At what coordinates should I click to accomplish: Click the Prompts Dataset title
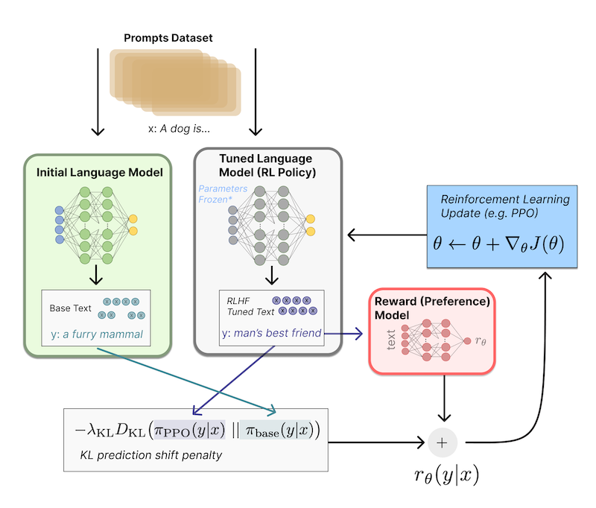click(x=168, y=38)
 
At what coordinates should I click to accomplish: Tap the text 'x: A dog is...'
click(x=179, y=129)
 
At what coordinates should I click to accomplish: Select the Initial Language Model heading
click(x=100, y=173)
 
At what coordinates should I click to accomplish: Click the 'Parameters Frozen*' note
click(x=223, y=194)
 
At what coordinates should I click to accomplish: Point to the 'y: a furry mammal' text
click(x=97, y=334)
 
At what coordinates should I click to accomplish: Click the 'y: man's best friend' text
click(x=272, y=333)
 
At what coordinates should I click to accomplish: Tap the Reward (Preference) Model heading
click(x=432, y=308)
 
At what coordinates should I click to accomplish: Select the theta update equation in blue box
click(x=498, y=244)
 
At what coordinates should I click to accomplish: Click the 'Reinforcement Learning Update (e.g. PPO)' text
click(x=505, y=206)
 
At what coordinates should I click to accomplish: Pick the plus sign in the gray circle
click(x=442, y=442)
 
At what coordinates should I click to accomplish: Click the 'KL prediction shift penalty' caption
click(x=151, y=455)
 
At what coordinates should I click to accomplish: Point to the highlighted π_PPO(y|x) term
click(x=190, y=430)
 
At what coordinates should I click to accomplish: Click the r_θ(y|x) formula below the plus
click(x=446, y=475)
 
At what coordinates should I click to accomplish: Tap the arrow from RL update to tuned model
click(x=387, y=235)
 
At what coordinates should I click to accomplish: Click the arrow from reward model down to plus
click(x=444, y=399)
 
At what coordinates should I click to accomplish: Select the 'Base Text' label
click(x=70, y=308)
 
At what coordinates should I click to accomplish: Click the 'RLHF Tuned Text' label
click(x=250, y=307)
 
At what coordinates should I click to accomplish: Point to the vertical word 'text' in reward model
click(x=390, y=340)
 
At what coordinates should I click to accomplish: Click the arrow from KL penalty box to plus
click(x=376, y=442)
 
